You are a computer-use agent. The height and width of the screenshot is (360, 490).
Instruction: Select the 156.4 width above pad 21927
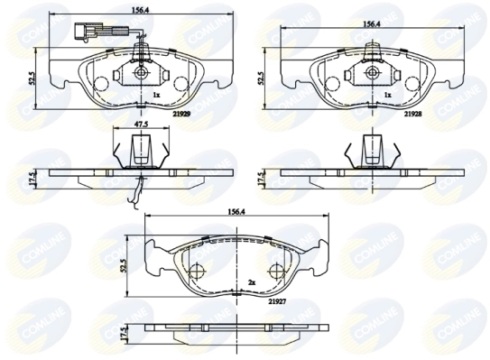[237, 214]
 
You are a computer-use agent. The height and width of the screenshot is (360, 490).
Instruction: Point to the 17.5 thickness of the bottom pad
[125, 333]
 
